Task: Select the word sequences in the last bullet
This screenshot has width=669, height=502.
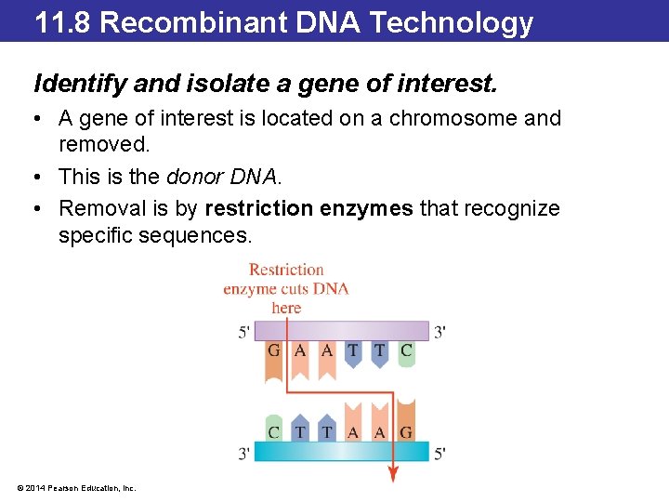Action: click(x=194, y=236)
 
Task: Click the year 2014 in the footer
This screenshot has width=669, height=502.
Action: click(x=34, y=488)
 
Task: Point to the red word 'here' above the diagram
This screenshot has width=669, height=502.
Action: click(x=286, y=308)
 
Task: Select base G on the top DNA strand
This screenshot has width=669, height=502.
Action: click(x=273, y=350)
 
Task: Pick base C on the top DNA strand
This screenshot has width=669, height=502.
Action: click(x=406, y=350)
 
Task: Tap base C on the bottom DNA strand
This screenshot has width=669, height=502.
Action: click(x=273, y=431)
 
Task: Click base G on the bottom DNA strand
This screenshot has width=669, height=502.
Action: click(x=406, y=431)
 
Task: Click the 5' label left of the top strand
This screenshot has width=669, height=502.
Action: click(x=243, y=332)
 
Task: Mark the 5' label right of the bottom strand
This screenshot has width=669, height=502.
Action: click(x=439, y=454)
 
